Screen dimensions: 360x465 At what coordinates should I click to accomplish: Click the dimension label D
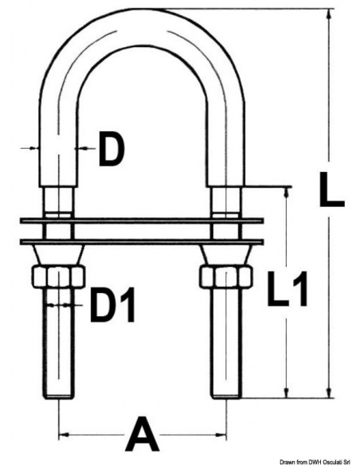pyautogui.click(x=112, y=149)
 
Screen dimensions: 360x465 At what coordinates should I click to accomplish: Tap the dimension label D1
pyautogui.click(x=112, y=305)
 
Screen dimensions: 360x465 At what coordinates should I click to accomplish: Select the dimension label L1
pyautogui.click(x=287, y=289)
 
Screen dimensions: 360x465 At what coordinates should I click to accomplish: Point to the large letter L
pyautogui.click(x=331, y=190)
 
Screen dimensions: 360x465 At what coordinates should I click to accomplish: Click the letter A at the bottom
pyautogui.click(x=142, y=434)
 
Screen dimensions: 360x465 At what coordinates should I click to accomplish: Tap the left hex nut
pyautogui.click(x=58, y=276)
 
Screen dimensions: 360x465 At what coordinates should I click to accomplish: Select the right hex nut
pyautogui.click(x=226, y=276)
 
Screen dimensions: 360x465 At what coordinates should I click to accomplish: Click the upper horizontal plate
pyautogui.click(x=142, y=221)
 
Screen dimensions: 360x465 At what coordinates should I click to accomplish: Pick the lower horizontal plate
pyautogui.click(x=142, y=242)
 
